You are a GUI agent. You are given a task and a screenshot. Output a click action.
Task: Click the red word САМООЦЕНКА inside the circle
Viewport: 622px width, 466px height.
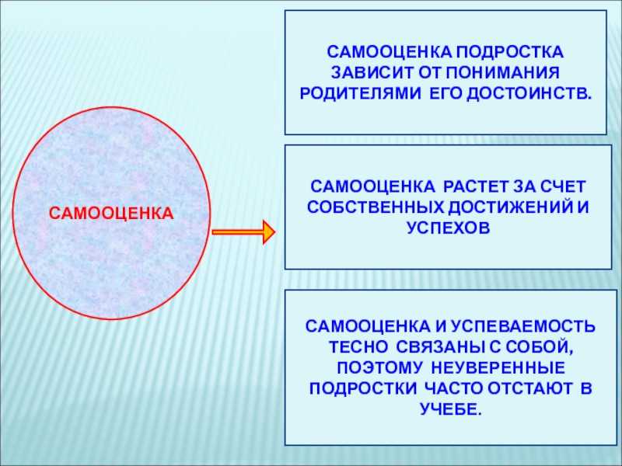(x=111, y=214)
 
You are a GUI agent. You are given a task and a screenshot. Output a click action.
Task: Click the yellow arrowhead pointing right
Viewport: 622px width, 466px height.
(x=269, y=231)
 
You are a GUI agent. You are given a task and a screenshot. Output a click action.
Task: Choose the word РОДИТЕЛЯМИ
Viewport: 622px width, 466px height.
(x=360, y=93)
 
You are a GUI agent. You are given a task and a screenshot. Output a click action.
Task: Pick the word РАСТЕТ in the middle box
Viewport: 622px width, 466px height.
(x=475, y=186)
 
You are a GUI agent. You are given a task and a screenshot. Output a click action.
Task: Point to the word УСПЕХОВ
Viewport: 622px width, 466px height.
(x=449, y=228)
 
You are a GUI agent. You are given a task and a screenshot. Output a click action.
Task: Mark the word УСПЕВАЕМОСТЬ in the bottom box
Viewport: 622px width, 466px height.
(x=523, y=326)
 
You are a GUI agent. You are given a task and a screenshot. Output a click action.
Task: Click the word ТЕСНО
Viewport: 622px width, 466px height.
(x=359, y=347)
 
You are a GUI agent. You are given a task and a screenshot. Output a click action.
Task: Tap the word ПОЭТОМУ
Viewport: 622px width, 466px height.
(x=379, y=367)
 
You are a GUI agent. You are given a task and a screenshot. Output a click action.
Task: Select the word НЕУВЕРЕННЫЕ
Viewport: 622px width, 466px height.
(x=498, y=367)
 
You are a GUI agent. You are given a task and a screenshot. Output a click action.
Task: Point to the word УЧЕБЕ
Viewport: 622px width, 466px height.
(x=451, y=409)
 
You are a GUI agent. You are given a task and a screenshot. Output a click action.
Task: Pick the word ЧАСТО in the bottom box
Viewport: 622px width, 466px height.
(x=453, y=389)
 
